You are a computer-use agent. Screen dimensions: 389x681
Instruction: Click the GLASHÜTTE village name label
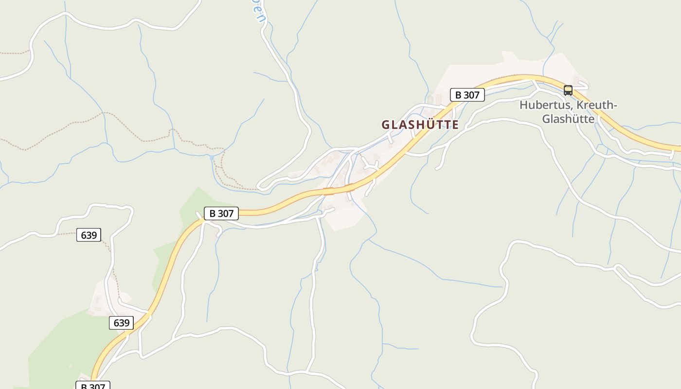[420, 124]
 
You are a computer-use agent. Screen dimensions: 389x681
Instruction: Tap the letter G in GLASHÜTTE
[386, 125]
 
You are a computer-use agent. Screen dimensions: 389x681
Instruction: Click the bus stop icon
[568, 90]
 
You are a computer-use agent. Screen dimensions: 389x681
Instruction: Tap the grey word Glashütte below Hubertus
[568, 119]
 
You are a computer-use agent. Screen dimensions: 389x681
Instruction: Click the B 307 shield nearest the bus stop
[467, 95]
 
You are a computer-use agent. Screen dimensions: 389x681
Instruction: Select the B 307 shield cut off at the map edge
[93, 386]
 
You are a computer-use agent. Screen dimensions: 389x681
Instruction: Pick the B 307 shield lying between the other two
[221, 213]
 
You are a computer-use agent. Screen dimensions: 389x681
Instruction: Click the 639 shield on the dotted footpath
[89, 235]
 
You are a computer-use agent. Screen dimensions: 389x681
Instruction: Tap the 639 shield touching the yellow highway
[122, 323]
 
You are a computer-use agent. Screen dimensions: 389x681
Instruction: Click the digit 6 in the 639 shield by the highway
[116, 323]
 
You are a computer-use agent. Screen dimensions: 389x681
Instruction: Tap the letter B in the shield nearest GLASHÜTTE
[458, 95]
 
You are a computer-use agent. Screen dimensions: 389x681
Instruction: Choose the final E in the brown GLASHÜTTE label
[455, 125]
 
